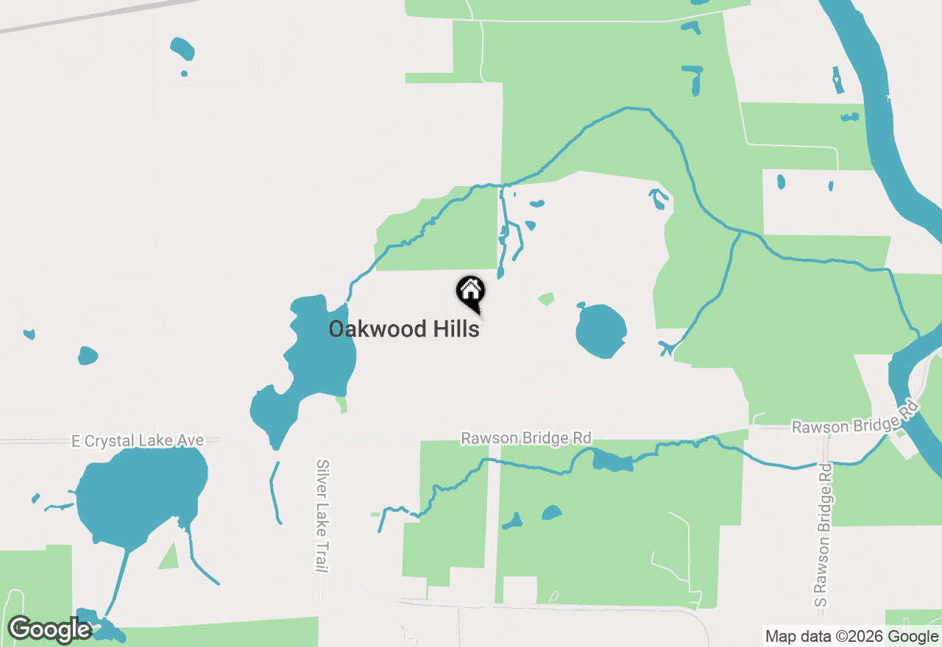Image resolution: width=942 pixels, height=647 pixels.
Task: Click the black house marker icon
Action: point(471,292)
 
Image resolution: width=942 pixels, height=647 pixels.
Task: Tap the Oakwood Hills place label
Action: point(404,329)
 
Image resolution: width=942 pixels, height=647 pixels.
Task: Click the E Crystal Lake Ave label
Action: point(137,440)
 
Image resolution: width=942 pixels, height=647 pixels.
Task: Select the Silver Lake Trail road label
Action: point(322,516)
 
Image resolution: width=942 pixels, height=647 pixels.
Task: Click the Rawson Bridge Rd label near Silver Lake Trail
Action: point(525,438)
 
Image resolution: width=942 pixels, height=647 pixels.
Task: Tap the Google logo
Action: point(50,629)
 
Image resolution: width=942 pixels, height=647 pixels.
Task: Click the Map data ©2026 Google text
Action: point(851,637)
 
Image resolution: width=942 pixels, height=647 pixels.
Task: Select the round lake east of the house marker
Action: point(601,331)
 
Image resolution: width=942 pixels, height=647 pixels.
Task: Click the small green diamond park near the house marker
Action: point(546,299)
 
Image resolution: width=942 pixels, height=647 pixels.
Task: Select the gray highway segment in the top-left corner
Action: point(96,15)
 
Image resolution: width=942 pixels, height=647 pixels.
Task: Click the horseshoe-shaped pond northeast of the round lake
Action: point(659,199)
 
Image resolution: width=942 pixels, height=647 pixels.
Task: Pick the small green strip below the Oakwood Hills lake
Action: point(341,404)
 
